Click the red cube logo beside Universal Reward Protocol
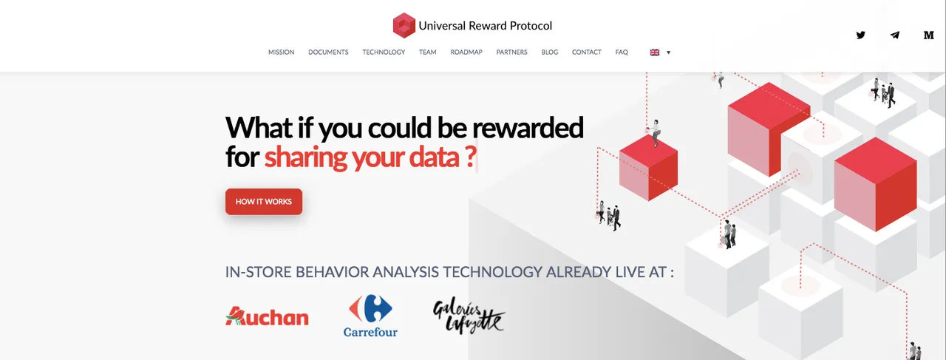(x=404, y=25)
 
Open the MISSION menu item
(x=282, y=52)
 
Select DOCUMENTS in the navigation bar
(x=328, y=52)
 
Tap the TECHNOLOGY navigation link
(x=384, y=52)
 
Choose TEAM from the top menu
(x=427, y=52)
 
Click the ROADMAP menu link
(x=466, y=52)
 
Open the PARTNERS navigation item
(x=512, y=52)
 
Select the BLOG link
(x=549, y=52)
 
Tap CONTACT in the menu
(x=587, y=52)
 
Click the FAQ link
(x=622, y=52)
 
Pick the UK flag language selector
(x=655, y=52)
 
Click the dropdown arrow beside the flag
(x=669, y=52)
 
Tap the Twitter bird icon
(x=861, y=35)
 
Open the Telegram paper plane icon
(x=894, y=35)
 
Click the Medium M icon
(x=929, y=35)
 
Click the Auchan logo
(x=267, y=316)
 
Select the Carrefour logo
(x=370, y=316)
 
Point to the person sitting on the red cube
(x=655, y=132)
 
